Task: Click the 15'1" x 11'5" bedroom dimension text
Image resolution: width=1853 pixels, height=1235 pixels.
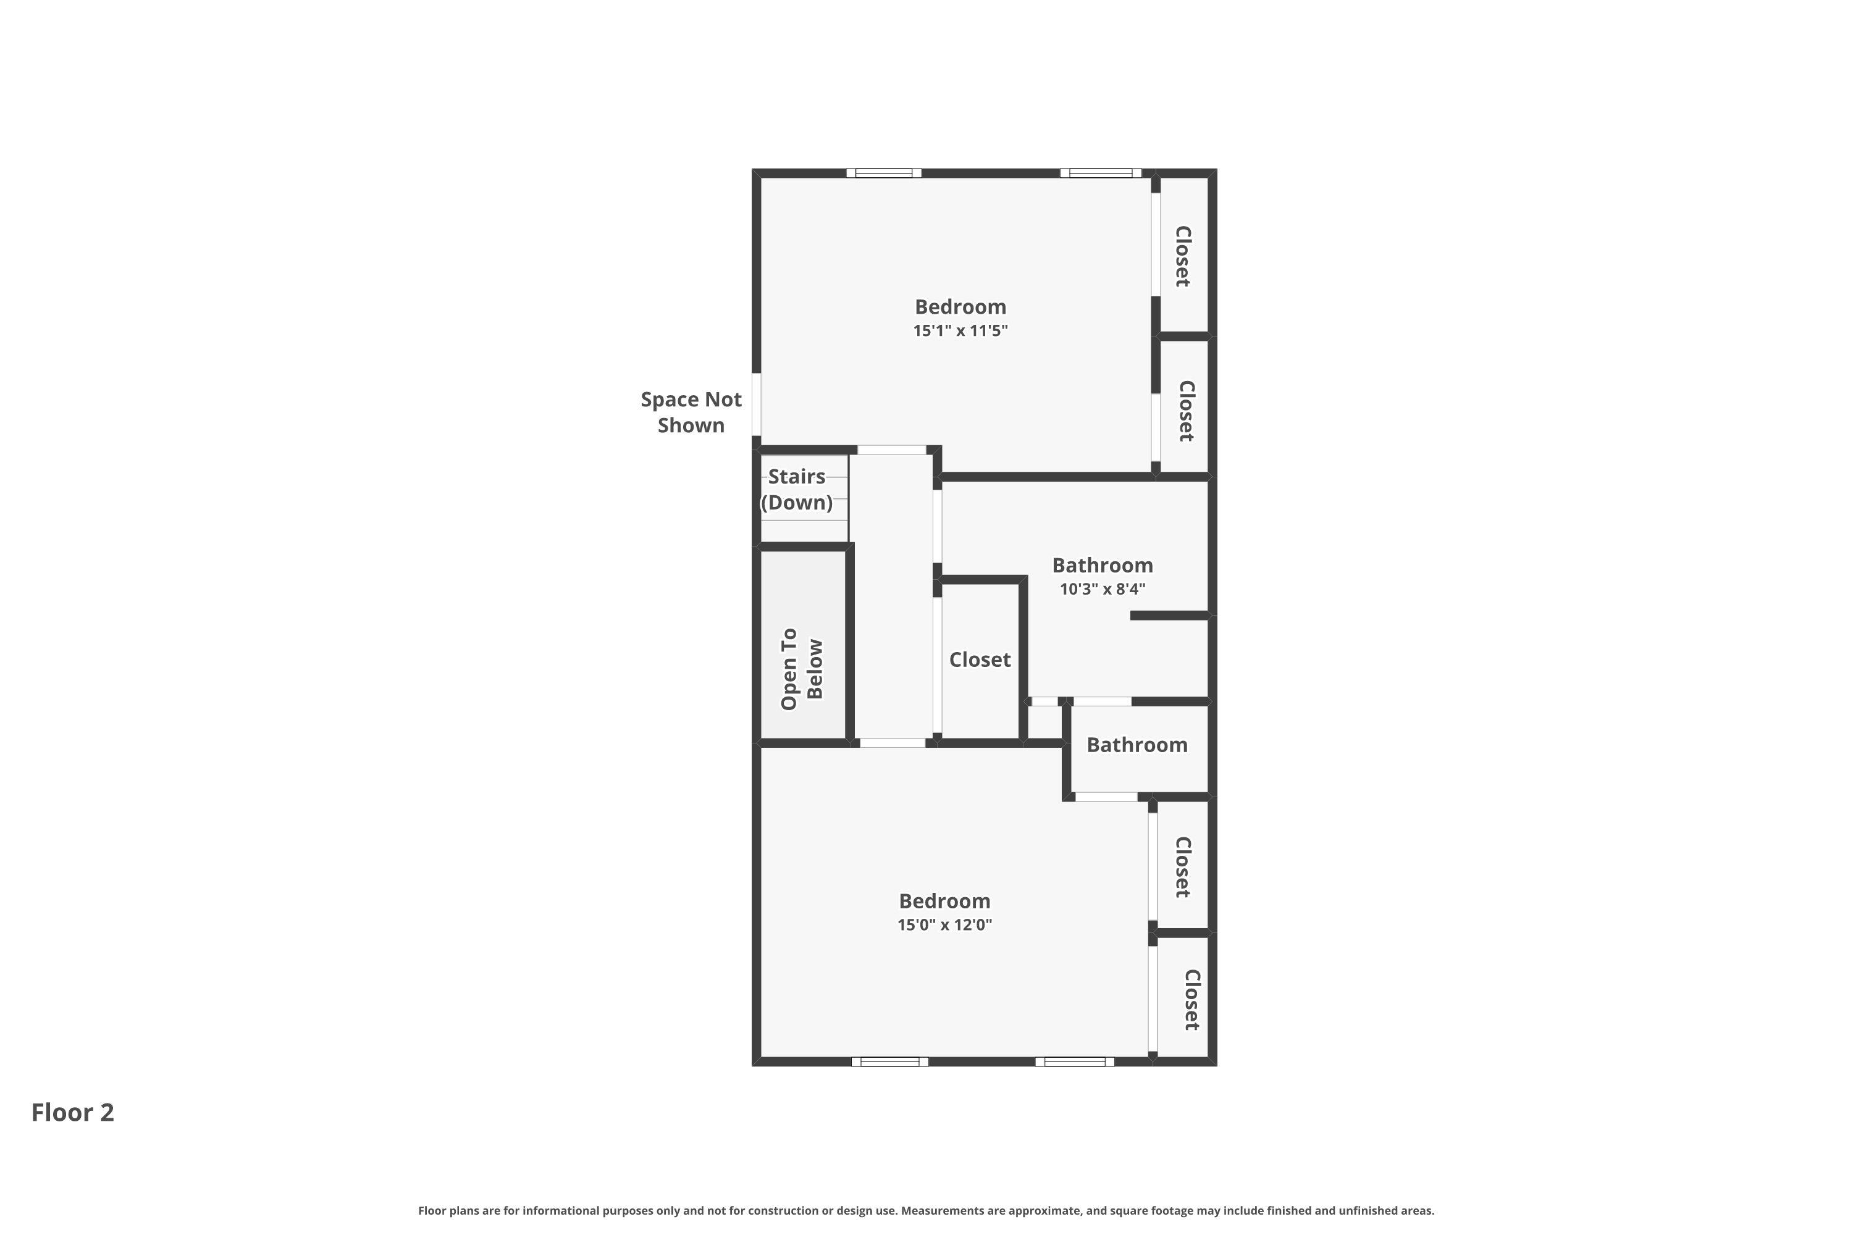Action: point(960,331)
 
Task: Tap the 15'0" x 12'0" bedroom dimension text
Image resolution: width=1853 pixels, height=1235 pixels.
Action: point(944,924)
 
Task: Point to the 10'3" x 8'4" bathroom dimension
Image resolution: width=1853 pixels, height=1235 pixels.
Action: point(1102,589)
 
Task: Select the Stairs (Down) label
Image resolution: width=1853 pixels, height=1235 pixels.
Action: point(797,489)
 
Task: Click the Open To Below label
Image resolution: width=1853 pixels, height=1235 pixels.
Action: point(802,669)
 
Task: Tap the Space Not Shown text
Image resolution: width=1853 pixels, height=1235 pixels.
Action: point(691,412)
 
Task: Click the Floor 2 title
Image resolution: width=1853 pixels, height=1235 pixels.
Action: point(72,1112)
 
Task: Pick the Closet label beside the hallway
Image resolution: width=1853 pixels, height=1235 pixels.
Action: point(979,659)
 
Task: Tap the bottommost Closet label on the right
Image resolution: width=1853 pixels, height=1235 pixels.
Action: point(1192,1000)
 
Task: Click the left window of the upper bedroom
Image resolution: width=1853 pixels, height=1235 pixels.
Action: point(884,174)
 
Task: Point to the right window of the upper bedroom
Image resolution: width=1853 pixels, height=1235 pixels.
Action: point(1101,174)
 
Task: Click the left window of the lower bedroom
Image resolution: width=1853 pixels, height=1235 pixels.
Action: point(889,1061)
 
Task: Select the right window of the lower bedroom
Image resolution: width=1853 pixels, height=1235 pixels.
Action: point(1075,1061)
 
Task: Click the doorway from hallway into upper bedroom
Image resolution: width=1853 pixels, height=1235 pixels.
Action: point(892,450)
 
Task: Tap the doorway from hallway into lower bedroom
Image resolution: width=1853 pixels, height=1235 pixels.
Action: point(893,743)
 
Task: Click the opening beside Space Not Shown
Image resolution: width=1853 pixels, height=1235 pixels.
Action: point(756,404)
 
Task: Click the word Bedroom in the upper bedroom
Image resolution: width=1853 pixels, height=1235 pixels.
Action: point(960,307)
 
